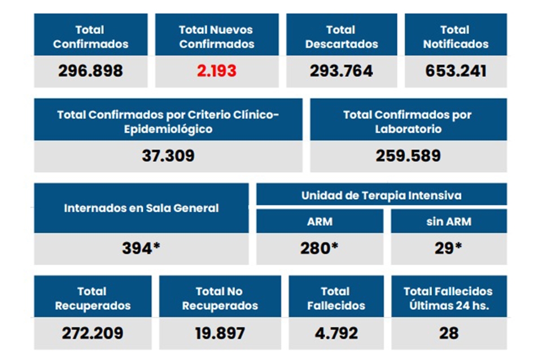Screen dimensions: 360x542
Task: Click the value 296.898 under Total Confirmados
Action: [90, 71]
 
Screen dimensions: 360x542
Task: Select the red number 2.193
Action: [216, 71]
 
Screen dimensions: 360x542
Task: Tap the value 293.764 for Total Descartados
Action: [341, 71]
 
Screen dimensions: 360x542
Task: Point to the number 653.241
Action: [456, 71]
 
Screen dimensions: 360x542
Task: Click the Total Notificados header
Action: [456, 37]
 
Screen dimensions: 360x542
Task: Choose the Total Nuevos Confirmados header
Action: [216, 37]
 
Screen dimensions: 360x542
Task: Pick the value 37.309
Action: [168, 156]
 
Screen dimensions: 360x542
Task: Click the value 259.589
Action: [408, 156]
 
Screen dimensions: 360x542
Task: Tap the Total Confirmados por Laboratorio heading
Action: [408, 121]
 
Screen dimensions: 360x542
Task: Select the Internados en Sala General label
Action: [141, 208]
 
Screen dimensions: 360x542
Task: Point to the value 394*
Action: [141, 248]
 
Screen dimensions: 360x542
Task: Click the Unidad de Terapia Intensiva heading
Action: [381, 196]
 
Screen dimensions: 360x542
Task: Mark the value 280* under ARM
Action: [320, 248]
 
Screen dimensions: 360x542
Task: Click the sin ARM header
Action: [448, 221]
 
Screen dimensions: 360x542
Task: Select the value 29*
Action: [448, 248]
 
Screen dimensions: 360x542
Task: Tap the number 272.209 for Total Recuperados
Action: [93, 333]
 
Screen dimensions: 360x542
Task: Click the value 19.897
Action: [220, 333]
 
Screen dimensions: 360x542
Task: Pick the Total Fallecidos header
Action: [335, 298]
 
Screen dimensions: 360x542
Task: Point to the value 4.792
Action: [335, 333]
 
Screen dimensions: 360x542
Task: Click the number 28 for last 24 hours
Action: [448, 333]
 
